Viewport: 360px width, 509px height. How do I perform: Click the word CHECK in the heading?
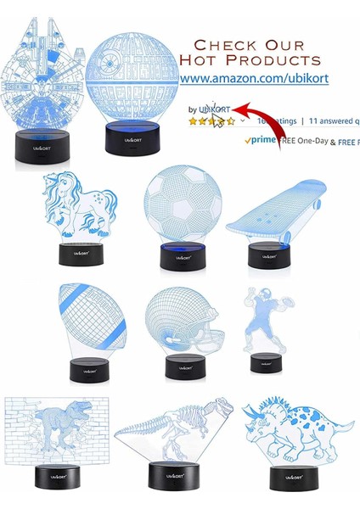click(x=225, y=44)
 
